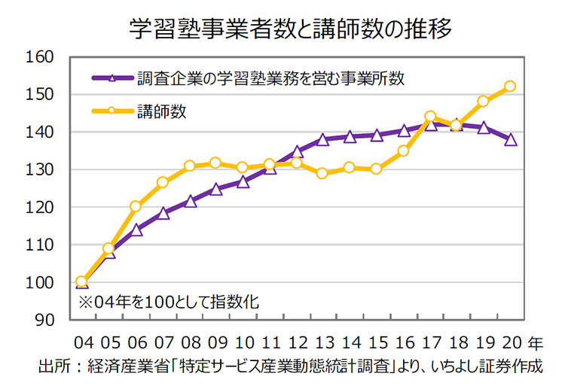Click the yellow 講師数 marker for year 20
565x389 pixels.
pos(510,87)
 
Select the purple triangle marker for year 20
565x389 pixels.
pos(510,139)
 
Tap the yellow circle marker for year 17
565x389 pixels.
pos(430,117)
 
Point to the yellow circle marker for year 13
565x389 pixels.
pos(322,173)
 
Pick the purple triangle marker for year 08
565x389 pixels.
pos(189,201)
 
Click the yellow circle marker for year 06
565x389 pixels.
pos(136,206)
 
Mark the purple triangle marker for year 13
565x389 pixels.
pos(322,139)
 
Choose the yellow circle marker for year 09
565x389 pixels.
pos(215,163)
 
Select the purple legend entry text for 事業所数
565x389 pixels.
pos(271,77)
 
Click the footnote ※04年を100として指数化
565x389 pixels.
pos(169,302)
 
